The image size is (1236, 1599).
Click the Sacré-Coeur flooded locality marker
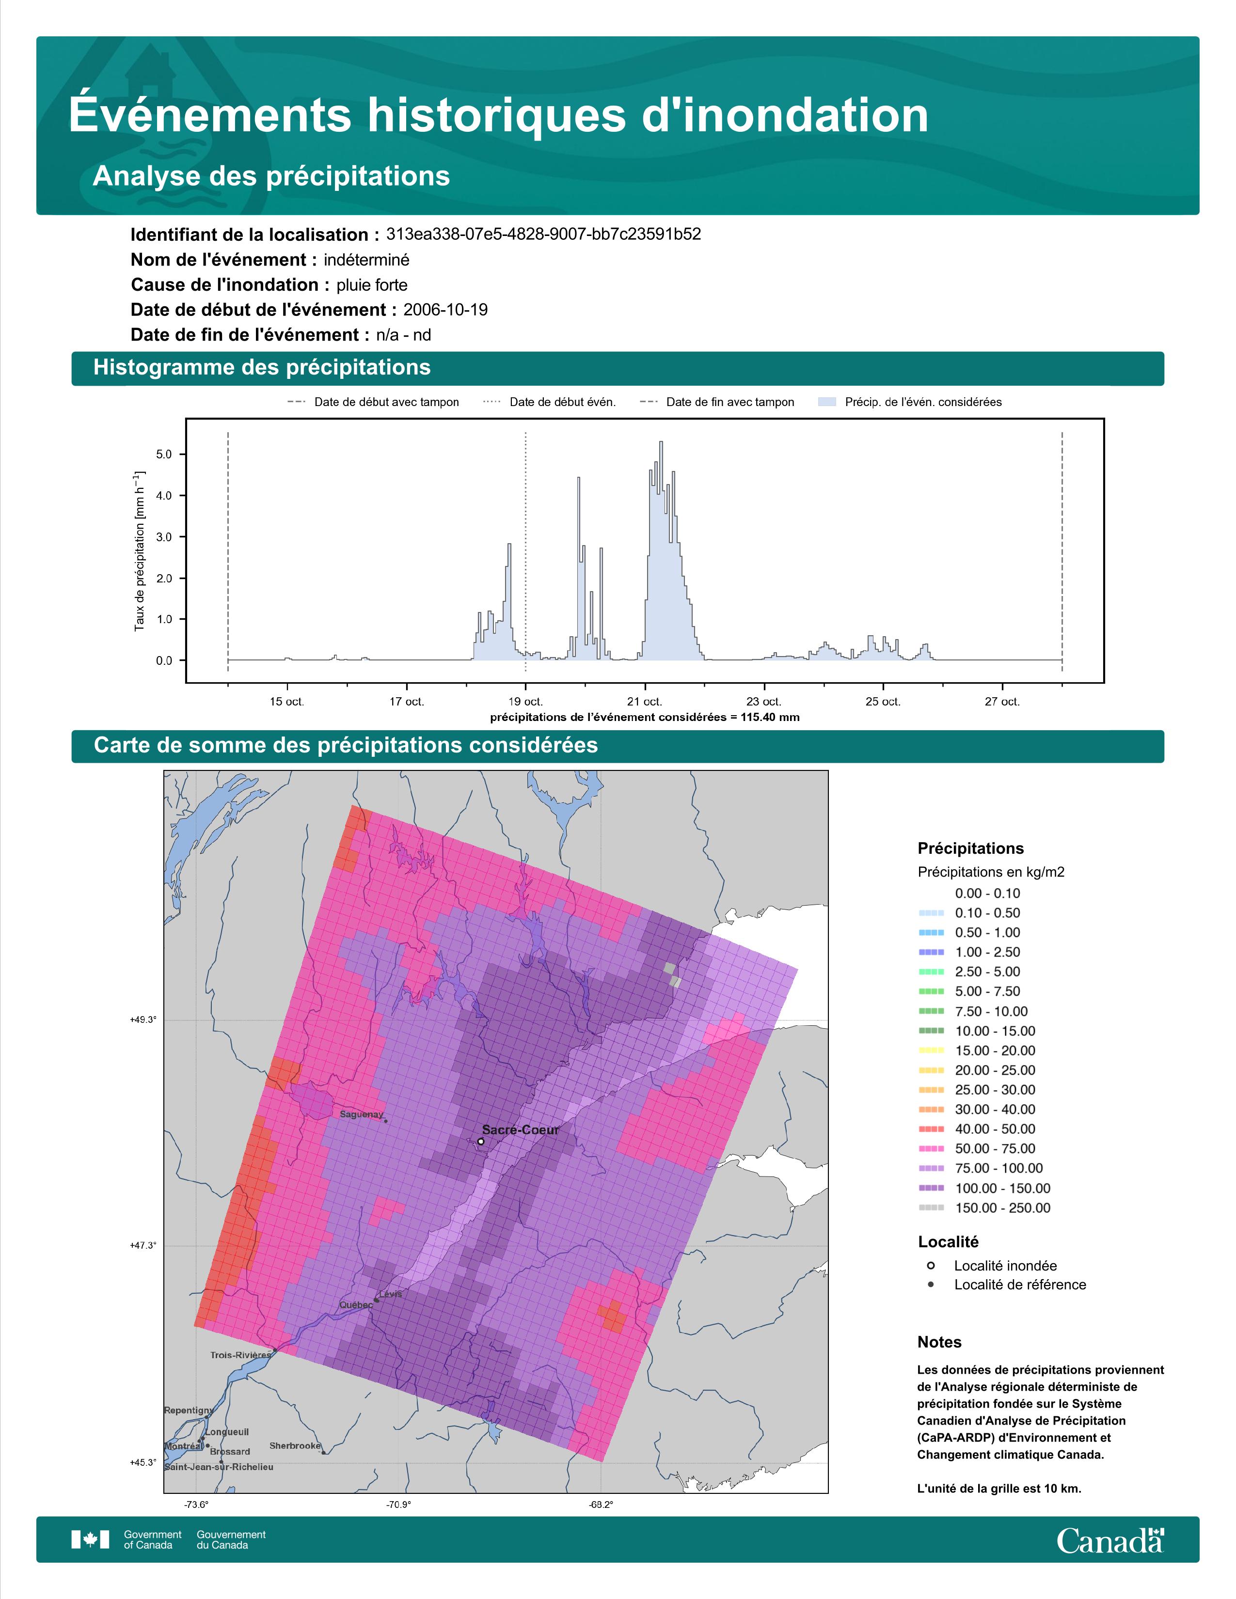point(480,1141)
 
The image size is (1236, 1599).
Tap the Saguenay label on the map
point(362,1114)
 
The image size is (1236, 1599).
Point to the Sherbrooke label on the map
point(295,1445)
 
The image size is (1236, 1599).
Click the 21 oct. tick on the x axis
point(644,702)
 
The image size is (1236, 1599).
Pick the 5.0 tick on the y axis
point(164,455)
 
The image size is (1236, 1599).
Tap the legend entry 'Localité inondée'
point(1005,1266)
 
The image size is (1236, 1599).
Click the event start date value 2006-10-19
point(445,310)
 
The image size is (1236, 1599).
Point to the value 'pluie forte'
point(372,285)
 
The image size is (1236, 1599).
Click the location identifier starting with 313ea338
point(543,235)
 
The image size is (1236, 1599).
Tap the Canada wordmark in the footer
point(1110,1540)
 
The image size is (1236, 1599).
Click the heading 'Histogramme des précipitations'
point(262,368)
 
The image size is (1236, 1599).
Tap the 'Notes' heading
point(939,1342)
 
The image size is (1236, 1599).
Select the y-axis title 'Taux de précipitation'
point(139,551)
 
